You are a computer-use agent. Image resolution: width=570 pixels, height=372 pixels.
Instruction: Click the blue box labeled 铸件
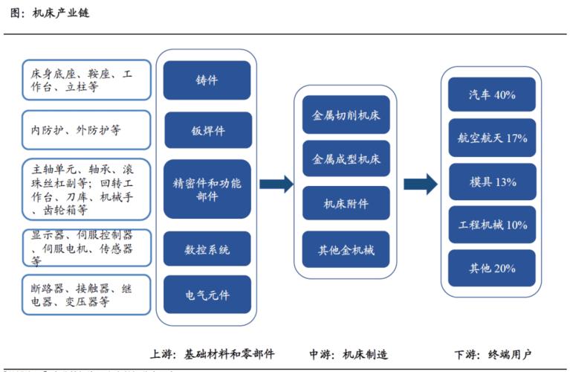pos(207,80)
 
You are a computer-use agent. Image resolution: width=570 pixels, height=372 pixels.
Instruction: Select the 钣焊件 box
pos(207,131)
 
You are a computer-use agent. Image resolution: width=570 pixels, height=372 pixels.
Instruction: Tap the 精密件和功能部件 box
pos(207,189)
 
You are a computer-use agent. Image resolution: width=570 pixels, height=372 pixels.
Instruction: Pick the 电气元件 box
pos(207,295)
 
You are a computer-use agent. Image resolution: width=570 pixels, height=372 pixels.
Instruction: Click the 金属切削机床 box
pos(346,115)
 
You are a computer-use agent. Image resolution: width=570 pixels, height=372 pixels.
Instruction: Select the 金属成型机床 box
pos(346,159)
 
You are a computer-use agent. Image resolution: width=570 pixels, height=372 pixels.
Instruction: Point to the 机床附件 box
pos(346,203)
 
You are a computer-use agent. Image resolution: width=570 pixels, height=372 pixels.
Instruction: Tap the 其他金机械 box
pos(346,250)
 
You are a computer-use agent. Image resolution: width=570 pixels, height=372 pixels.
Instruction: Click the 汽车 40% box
pos(492,95)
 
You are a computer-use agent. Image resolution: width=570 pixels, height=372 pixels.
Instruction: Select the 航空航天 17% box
pos(492,138)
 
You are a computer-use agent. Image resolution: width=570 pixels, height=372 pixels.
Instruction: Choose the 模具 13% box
pos(492,182)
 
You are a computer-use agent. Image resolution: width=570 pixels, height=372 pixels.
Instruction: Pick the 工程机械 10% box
pos(492,225)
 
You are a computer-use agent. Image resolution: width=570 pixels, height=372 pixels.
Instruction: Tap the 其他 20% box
pos(492,268)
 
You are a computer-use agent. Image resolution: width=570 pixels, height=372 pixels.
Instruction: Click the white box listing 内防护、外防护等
pos(86,131)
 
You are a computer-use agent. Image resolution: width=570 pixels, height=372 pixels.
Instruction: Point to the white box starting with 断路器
pos(86,295)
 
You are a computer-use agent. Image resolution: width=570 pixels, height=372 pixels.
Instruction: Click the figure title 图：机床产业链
pos(51,13)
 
